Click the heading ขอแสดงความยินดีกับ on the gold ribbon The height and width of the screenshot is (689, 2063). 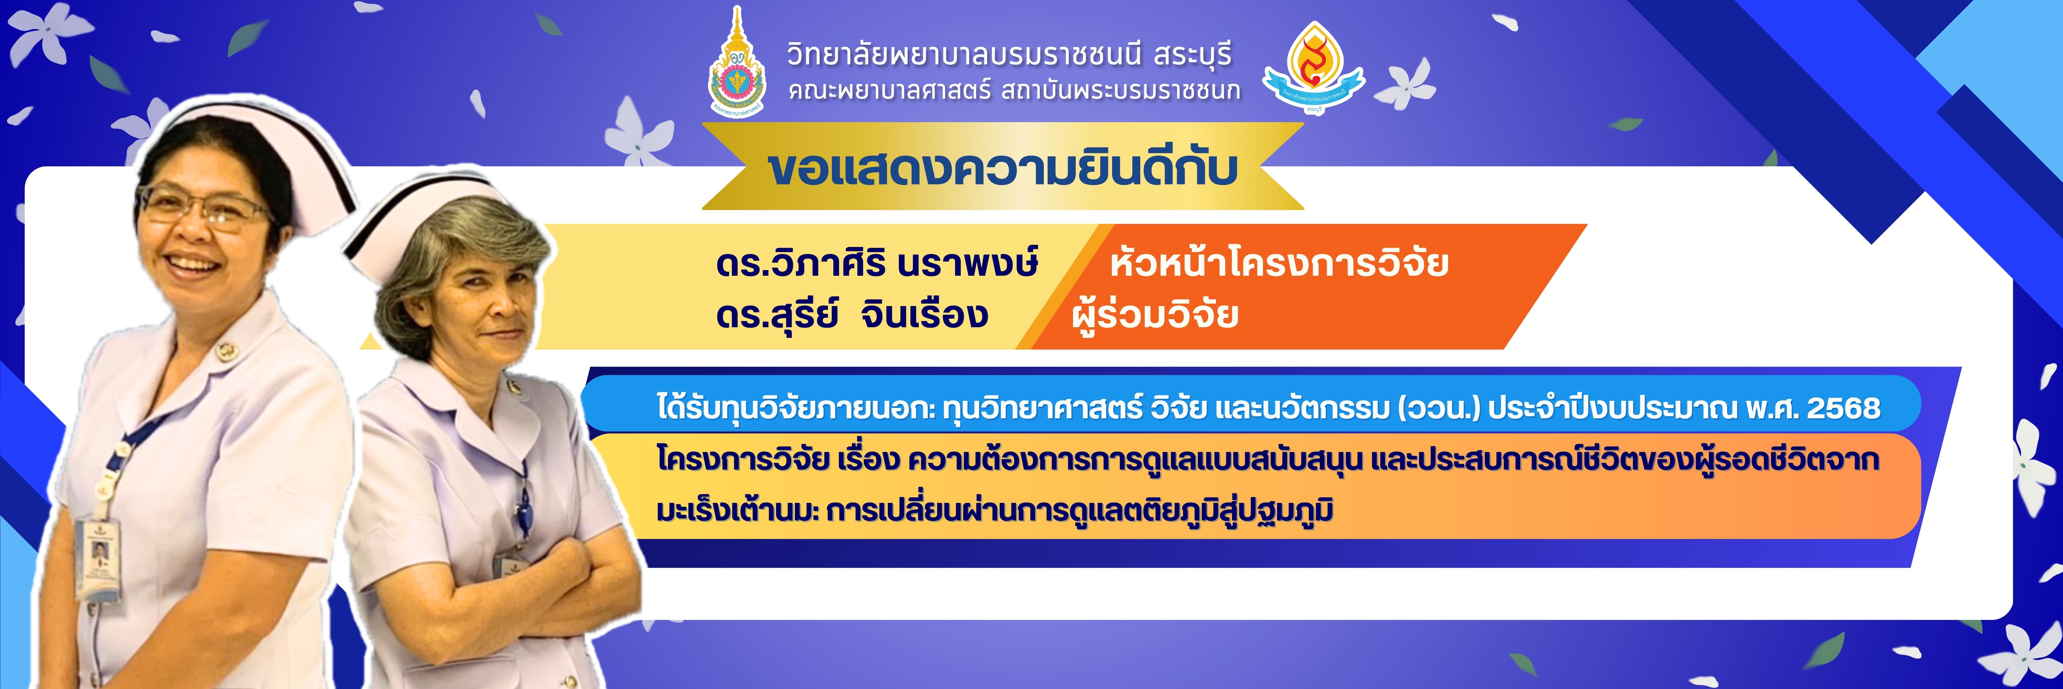(1003, 168)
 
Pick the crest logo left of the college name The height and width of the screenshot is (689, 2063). (737, 64)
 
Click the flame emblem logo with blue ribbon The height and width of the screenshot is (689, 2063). (1314, 68)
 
